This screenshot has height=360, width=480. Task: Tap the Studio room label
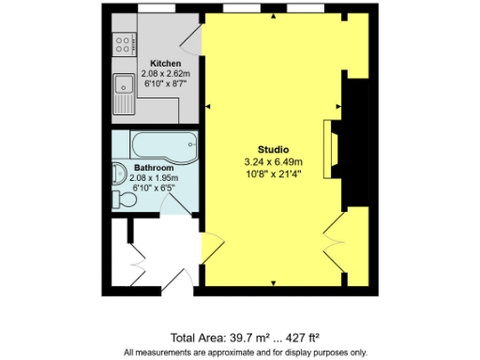click(273, 150)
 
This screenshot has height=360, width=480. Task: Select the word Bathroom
click(153, 169)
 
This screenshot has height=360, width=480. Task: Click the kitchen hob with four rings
click(123, 41)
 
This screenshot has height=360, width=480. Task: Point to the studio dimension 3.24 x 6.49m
click(273, 161)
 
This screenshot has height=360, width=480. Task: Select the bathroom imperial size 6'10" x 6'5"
click(153, 187)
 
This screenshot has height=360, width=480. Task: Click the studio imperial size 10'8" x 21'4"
click(273, 172)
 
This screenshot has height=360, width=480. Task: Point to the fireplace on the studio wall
click(329, 147)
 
